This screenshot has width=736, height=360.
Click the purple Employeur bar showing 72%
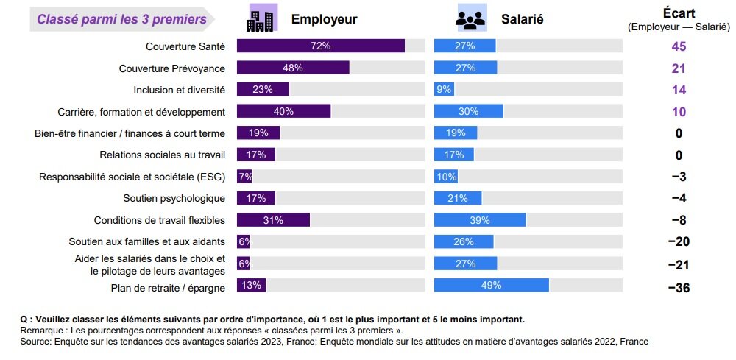(x=320, y=46)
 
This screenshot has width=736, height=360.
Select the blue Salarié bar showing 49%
(x=491, y=285)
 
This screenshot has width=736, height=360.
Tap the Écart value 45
(x=678, y=46)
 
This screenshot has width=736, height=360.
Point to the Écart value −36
(x=678, y=288)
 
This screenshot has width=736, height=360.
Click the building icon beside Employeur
(x=260, y=18)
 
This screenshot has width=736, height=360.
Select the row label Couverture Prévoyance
(x=171, y=68)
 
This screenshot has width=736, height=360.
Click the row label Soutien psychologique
(x=174, y=198)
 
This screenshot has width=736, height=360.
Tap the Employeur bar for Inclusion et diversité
(x=263, y=89)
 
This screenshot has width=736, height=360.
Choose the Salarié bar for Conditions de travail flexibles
(x=480, y=220)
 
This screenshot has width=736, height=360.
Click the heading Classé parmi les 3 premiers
(x=121, y=19)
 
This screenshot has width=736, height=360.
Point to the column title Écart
(x=678, y=13)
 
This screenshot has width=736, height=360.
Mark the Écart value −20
(x=678, y=242)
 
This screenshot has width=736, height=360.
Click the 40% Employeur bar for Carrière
(x=283, y=111)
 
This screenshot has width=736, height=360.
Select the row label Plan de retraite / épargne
(x=167, y=288)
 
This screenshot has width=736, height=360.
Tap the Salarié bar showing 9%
(x=444, y=89)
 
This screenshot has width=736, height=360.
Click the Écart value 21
(x=678, y=68)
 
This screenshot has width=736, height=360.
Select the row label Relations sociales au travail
(x=162, y=155)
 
